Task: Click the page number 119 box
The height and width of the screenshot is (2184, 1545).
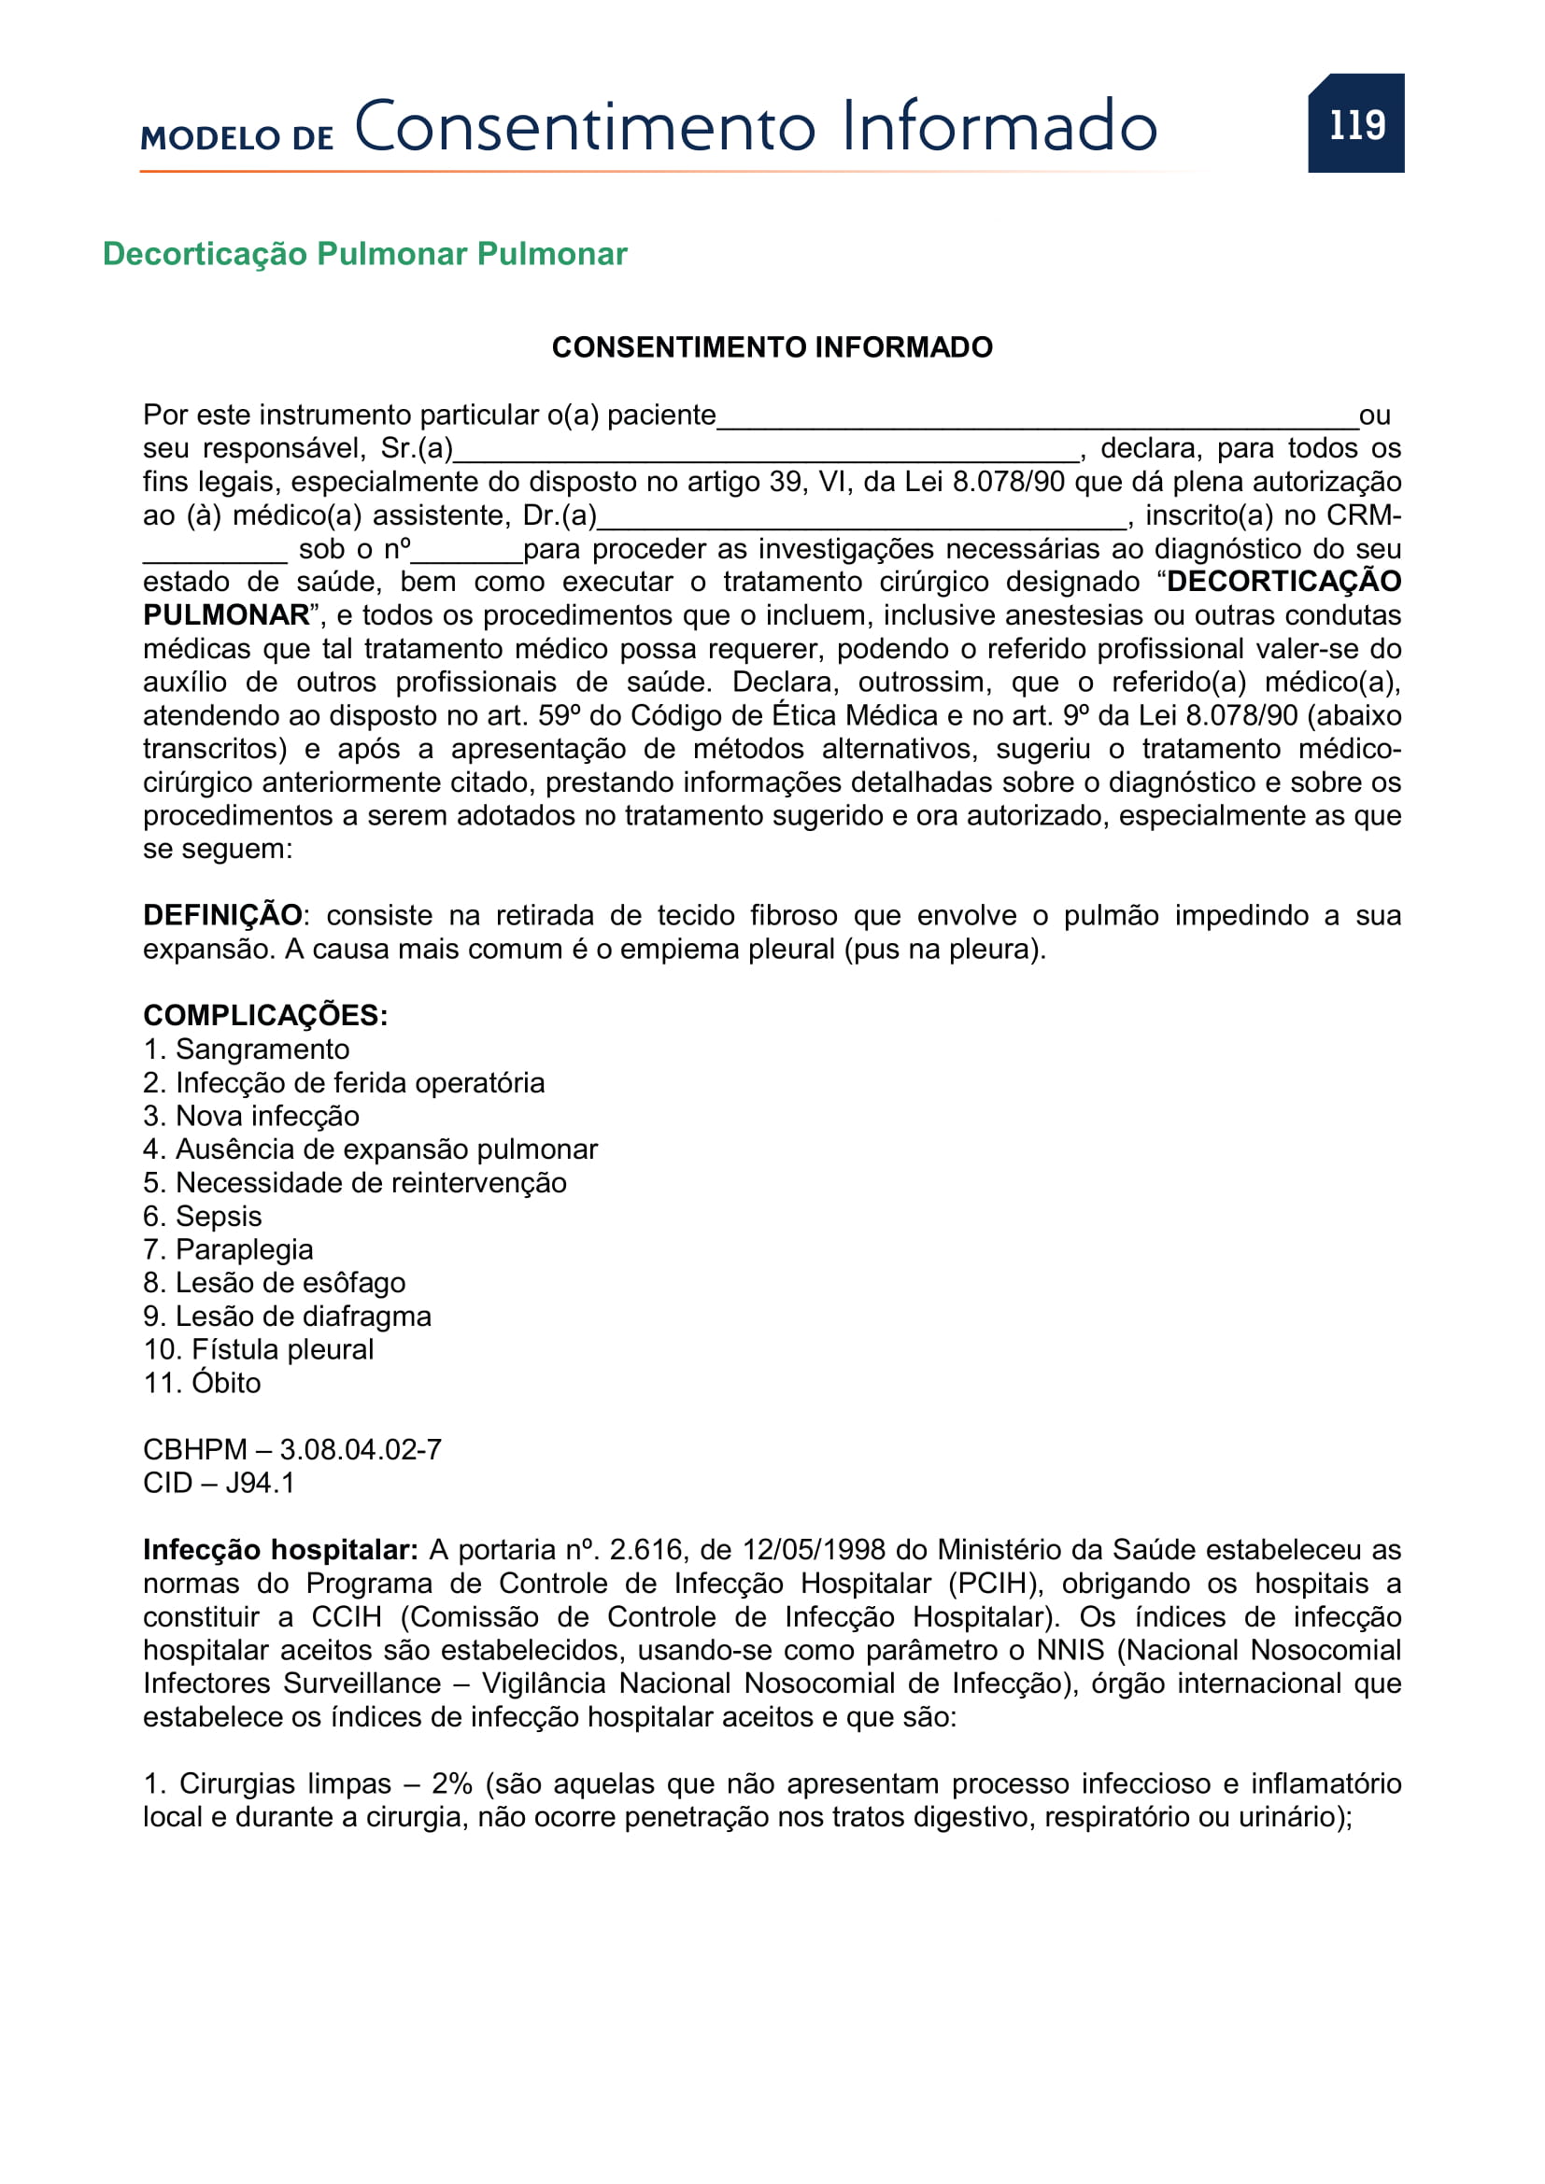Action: click(x=1355, y=123)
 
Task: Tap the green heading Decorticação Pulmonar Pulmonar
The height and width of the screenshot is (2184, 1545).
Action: click(x=364, y=254)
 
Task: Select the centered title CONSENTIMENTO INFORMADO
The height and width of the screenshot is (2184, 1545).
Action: click(x=772, y=347)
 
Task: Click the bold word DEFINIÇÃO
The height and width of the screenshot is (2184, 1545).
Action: click(x=222, y=915)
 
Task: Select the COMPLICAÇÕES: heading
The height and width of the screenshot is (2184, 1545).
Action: click(x=265, y=1015)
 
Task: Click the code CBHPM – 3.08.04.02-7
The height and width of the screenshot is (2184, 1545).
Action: click(x=292, y=1449)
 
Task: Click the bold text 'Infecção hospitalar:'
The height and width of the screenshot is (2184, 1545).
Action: click(x=280, y=1550)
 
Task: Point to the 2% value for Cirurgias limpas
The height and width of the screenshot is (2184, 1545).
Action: click(x=452, y=1783)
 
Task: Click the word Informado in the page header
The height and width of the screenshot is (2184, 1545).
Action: click(x=999, y=126)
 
